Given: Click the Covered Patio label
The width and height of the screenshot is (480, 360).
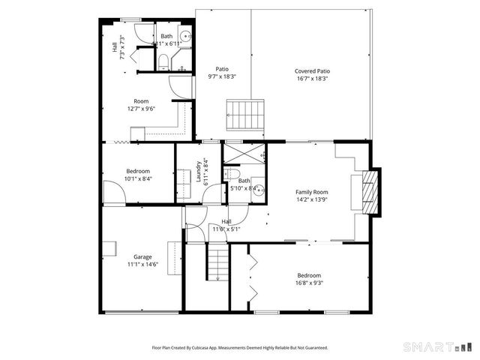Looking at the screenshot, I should pos(311,74).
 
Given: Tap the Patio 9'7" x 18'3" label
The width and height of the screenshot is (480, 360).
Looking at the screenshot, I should pos(222,73).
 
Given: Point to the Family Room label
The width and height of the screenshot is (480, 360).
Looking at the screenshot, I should pos(311,196).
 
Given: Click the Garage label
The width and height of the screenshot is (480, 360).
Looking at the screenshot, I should pos(142,260).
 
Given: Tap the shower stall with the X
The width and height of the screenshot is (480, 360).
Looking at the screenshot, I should pos(244,154).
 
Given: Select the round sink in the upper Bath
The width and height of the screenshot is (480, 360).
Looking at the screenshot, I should pos(187,35).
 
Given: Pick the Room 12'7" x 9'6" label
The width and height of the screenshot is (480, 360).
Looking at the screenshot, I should pos(141,105).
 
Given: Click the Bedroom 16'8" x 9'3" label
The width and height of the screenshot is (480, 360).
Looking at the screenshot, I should pos(309,279).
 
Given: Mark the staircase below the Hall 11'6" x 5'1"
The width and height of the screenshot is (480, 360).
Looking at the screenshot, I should pos(217,265).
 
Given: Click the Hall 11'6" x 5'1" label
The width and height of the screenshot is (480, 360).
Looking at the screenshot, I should pos(226,225).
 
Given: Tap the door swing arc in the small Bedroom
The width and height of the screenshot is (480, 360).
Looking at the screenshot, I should pos(112,193).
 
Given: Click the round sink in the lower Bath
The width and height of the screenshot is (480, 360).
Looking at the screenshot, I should pos(259,190).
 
